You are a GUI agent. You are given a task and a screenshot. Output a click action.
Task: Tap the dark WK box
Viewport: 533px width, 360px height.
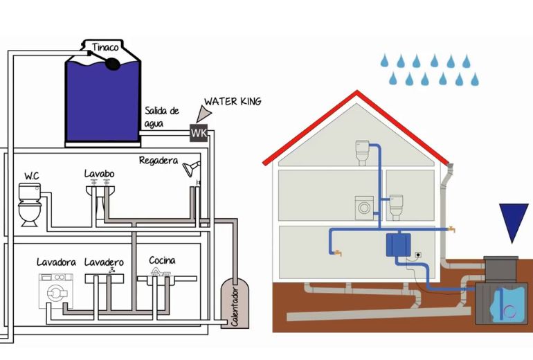point(199,132)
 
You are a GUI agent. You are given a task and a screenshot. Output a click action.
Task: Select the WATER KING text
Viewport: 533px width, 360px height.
point(233,102)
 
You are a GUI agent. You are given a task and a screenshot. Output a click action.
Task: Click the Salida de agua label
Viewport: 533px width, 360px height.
point(162,116)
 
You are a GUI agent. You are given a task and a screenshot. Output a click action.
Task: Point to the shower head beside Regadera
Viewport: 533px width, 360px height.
point(191,167)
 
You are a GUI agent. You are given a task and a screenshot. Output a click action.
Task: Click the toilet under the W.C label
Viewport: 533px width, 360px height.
point(30,204)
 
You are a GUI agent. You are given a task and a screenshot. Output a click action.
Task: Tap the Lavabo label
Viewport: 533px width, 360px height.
point(99,172)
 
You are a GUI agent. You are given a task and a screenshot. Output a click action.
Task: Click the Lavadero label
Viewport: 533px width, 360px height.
point(104,262)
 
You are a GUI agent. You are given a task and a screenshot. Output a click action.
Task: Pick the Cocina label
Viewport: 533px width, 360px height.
point(162,260)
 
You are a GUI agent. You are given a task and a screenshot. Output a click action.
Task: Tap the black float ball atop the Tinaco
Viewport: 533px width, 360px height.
point(111,64)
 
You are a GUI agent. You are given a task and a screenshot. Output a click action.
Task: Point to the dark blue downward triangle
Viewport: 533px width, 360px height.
point(514,220)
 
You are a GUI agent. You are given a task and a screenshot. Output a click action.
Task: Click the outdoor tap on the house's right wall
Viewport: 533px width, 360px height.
point(451,228)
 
